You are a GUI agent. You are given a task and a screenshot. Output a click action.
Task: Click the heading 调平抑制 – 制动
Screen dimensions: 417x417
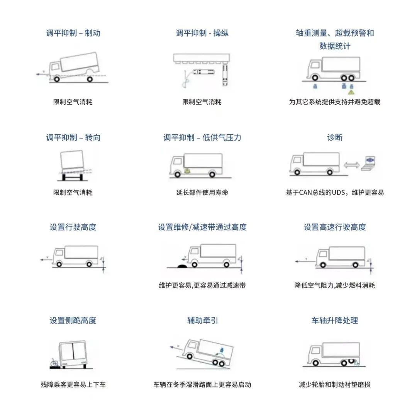tap(73, 33)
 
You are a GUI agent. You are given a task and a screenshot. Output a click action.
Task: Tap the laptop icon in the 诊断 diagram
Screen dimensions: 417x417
tap(369, 163)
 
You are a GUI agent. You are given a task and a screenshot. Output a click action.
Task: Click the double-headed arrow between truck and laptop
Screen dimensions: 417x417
tap(352, 165)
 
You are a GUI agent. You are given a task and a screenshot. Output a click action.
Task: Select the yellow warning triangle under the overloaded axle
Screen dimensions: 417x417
tap(351, 92)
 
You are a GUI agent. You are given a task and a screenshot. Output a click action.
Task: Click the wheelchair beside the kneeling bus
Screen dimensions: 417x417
tap(54, 363)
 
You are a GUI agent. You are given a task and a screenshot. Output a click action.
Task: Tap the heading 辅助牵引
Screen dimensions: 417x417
tap(202, 320)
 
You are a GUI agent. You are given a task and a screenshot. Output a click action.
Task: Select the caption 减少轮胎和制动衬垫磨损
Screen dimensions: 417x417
tap(334, 385)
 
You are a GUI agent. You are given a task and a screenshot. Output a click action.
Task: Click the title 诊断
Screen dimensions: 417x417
tap(334, 137)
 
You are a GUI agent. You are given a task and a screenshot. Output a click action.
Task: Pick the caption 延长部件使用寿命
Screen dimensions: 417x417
tap(202, 193)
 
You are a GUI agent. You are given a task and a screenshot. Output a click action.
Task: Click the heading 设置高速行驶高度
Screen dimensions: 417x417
tap(334, 227)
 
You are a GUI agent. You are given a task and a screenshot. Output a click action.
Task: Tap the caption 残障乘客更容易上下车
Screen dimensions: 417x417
tap(73, 385)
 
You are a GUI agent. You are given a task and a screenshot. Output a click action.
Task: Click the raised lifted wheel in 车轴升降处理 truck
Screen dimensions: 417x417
tap(351, 361)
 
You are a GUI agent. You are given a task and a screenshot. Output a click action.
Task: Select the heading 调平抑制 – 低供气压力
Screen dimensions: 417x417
tap(202, 137)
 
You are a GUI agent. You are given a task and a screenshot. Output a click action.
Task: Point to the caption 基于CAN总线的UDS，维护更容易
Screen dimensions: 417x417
tap(334, 193)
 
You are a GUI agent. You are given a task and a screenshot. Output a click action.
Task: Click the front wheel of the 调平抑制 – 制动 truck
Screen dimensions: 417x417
tap(57, 79)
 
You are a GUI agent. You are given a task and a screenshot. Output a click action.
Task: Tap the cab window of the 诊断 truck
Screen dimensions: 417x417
tap(297, 160)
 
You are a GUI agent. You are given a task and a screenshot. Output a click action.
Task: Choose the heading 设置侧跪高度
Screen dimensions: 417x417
tap(73, 320)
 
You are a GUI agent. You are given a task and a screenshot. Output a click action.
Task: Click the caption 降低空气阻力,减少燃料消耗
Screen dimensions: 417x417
tap(334, 286)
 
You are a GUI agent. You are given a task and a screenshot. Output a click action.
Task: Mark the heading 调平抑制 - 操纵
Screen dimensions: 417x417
tap(202, 33)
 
